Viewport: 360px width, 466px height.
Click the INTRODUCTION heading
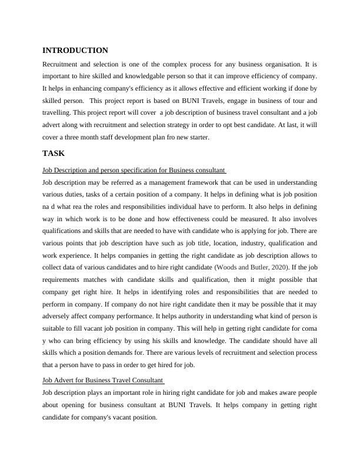[x=75, y=51]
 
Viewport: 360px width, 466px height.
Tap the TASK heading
[x=54, y=154]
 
